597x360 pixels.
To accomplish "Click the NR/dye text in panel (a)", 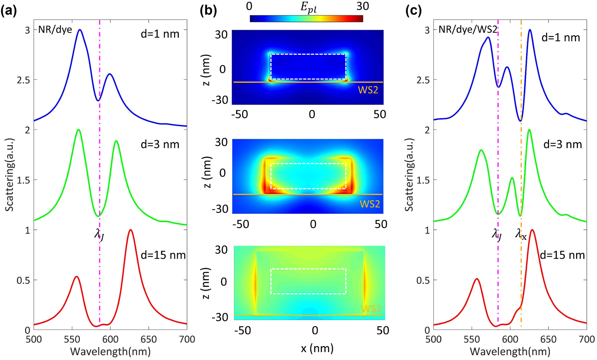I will (x=55, y=30).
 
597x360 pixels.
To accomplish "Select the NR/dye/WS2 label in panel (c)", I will (x=468, y=30).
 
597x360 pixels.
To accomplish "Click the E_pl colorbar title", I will (x=308, y=7).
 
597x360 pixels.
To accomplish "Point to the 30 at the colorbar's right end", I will (x=362, y=6).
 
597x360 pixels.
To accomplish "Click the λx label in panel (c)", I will (x=521, y=234).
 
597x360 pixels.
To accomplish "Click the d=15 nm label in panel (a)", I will (x=163, y=255).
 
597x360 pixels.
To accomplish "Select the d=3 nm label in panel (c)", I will (x=563, y=144).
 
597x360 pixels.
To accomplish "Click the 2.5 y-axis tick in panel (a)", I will (x=23, y=80).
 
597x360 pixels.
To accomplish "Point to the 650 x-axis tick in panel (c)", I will (x=548, y=339).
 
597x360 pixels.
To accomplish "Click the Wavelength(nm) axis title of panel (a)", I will (x=110, y=351).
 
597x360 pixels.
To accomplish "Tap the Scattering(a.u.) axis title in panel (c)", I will (x=409, y=180).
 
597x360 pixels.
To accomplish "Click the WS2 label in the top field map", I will (x=368, y=90).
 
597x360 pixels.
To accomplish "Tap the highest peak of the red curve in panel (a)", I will (x=131, y=230).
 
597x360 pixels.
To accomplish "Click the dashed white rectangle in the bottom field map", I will (x=308, y=269).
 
